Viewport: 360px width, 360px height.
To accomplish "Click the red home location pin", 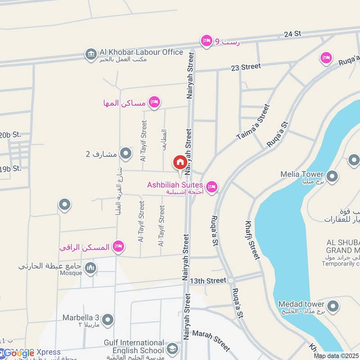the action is (x=180, y=162).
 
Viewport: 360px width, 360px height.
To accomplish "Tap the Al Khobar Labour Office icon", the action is (x=91, y=54).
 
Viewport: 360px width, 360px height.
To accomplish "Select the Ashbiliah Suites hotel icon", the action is (x=211, y=186).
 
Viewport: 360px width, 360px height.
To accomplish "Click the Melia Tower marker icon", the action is (x=332, y=176).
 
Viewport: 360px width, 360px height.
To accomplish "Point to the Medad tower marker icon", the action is (x=333, y=306).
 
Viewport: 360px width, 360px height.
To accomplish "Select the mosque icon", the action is (x=91, y=268).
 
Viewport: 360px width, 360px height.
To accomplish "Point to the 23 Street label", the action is (x=246, y=67).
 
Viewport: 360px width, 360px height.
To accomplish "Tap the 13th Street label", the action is (x=207, y=280).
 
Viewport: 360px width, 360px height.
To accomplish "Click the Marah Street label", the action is (x=211, y=340).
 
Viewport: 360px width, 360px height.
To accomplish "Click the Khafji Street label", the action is (x=252, y=240).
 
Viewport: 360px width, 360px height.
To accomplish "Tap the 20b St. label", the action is (x=10, y=135).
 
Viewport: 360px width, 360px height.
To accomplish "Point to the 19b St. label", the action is (x=10, y=169).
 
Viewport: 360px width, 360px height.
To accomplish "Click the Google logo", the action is (x=19, y=353).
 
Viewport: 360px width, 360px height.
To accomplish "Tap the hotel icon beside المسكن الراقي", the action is (x=118, y=247).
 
